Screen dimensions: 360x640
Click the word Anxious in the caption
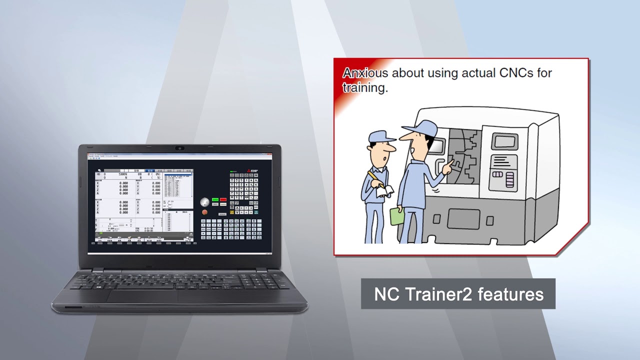pos(365,73)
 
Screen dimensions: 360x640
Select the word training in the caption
pos(364,88)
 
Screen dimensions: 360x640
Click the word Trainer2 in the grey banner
pos(438,294)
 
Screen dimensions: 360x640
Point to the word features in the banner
pos(510,294)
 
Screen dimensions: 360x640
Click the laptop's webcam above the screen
pos(180,148)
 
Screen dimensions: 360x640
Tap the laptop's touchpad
pos(142,296)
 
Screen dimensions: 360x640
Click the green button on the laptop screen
pos(215,199)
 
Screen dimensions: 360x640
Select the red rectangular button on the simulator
pos(223,199)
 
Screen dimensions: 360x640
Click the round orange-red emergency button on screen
pos(204,211)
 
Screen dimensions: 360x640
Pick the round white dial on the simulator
pos(204,202)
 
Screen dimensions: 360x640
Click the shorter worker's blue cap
pos(381,136)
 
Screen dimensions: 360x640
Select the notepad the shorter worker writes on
pos(385,190)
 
